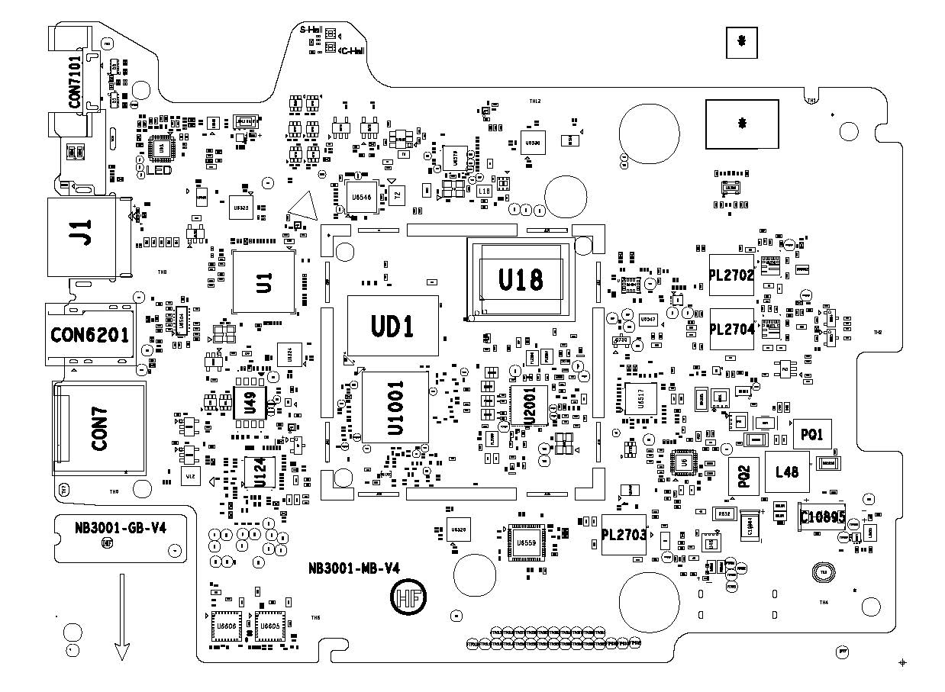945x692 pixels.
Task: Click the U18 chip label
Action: coord(521,280)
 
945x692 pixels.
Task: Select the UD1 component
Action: coord(392,327)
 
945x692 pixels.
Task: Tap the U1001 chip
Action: coord(395,407)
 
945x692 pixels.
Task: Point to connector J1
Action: coord(81,232)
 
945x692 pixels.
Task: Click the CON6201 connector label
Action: coord(90,334)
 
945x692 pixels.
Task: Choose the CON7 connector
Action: coord(99,427)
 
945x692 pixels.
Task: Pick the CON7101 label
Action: coord(75,79)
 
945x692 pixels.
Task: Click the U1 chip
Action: coord(264,282)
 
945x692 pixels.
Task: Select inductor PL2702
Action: coord(731,275)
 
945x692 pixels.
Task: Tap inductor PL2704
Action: coord(731,330)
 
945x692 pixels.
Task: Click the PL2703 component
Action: coord(624,536)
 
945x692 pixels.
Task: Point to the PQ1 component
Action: coord(811,435)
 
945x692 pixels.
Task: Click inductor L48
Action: coord(786,472)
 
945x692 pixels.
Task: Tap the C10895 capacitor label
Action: coord(822,517)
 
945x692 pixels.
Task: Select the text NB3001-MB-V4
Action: coord(354,568)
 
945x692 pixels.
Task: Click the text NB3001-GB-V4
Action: coord(120,528)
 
